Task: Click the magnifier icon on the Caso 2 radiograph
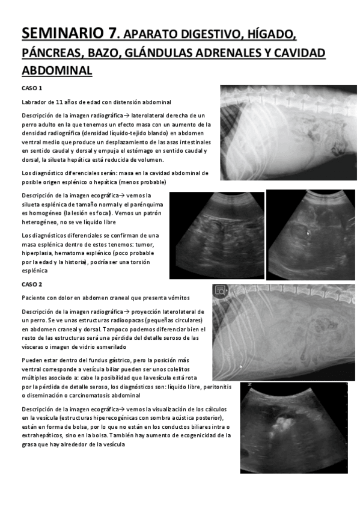[x=220, y=290]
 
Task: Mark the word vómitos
[x=177, y=298]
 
